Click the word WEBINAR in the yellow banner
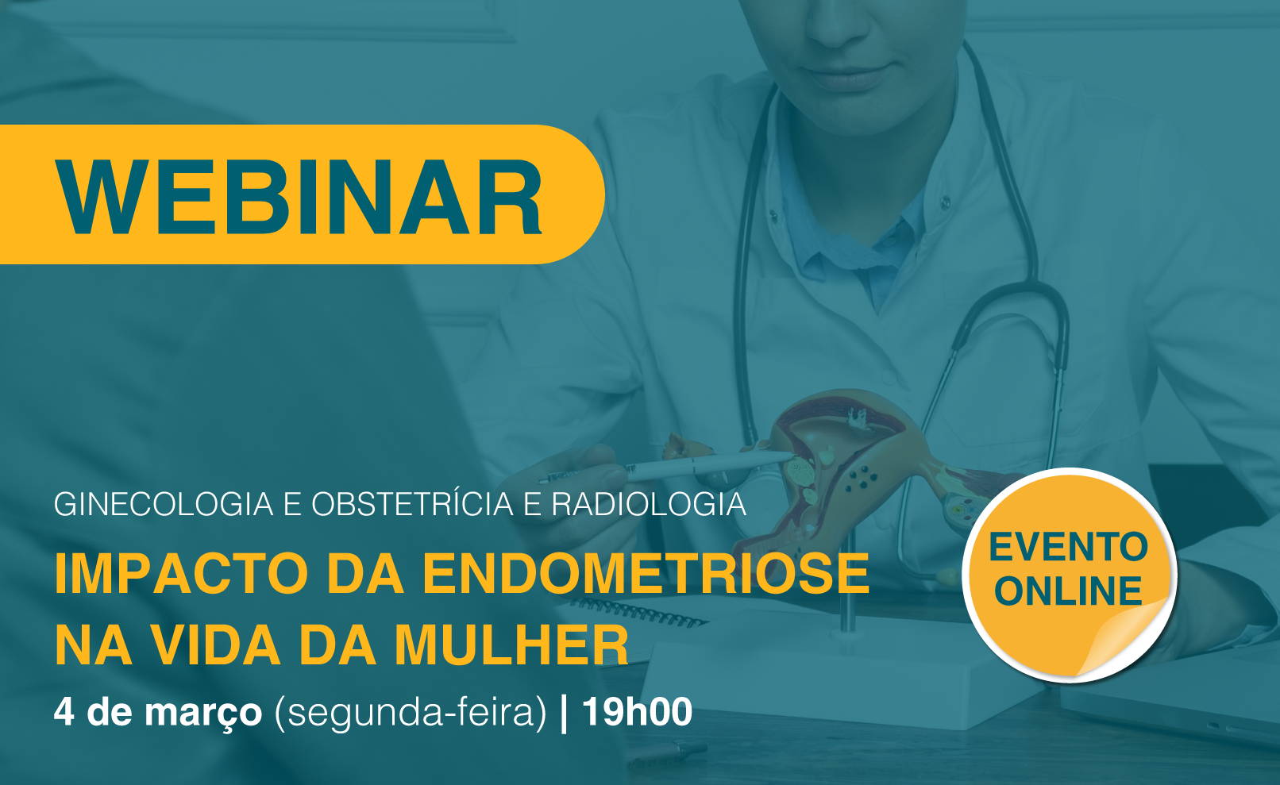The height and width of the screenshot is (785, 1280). point(299,197)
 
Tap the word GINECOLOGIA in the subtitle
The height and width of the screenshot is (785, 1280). point(164,505)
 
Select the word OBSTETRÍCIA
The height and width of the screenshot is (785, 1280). point(412,504)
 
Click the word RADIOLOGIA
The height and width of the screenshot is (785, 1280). point(649,505)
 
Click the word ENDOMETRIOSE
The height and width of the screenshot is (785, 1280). point(646,574)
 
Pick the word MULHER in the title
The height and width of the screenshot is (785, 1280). point(511,645)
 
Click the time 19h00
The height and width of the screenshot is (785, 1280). point(637,712)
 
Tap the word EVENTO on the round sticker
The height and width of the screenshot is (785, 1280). point(1068,548)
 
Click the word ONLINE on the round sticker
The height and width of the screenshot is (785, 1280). point(1068,591)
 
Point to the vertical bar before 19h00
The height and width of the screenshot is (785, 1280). point(565,713)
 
